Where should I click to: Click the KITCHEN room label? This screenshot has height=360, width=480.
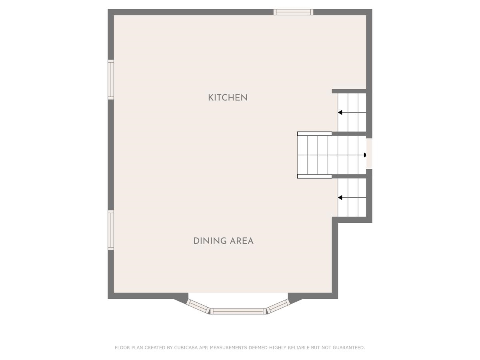228,97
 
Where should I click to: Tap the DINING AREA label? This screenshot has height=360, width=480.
223,241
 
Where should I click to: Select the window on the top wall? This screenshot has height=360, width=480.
293,12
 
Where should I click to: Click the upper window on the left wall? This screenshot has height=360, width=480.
111,80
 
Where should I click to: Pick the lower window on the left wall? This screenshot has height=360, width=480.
111,230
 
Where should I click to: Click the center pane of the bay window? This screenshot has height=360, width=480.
238,311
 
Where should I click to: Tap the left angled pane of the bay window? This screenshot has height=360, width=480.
198,306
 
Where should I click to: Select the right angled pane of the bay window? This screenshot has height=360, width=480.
278,306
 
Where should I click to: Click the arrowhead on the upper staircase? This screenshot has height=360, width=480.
340,113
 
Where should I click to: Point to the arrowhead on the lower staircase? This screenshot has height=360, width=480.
340,198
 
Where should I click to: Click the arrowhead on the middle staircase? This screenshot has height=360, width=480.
364,155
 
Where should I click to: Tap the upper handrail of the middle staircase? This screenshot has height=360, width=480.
314,134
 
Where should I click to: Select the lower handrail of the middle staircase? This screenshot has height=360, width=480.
314,176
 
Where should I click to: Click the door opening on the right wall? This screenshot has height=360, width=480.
369,154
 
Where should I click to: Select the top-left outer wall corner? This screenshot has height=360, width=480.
111,12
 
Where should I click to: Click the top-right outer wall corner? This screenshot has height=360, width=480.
369,12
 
